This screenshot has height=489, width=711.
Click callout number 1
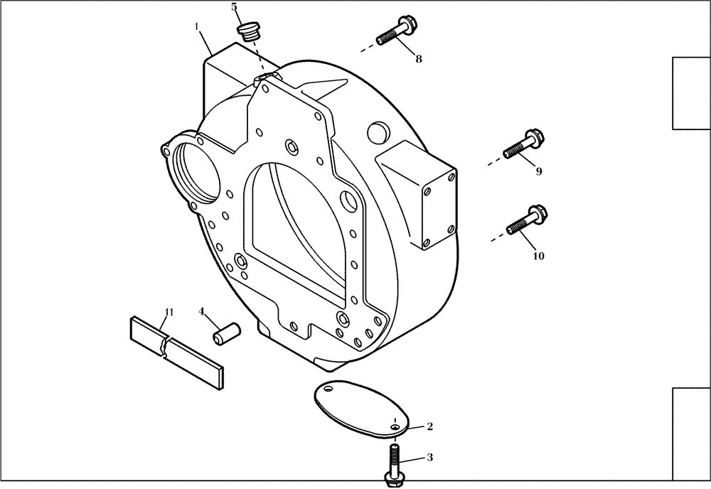pyautogui.click(x=196, y=26)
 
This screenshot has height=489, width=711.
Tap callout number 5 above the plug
pyautogui.click(x=234, y=7)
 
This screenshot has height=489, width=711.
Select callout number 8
pyautogui.click(x=418, y=59)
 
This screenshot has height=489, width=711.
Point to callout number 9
pyautogui.click(x=538, y=171)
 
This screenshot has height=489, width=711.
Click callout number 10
pyautogui.click(x=538, y=255)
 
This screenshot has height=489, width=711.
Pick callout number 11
pyautogui.click(x=169, y=312)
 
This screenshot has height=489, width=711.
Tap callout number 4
pyautogui.click(x=202, y=311)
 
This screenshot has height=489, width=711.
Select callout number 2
pyautogui.click(x=429, y=426)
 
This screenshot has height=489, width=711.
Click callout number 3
pyautogui.click(x=429, y=458)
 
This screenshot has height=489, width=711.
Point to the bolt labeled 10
pyautogui.click(x=525, y=220)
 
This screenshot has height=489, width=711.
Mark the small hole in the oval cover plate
pyautogui.click(x=394, y=426)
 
